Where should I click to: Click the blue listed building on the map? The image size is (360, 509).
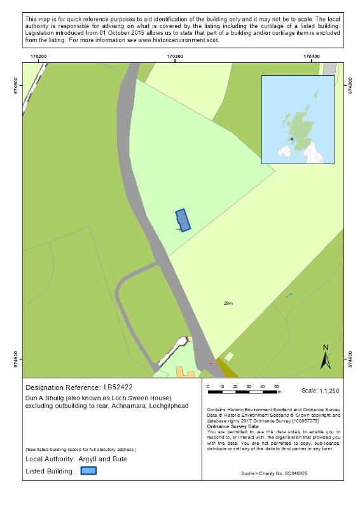pos(183,220)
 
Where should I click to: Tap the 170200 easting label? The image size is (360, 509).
pos(38,57)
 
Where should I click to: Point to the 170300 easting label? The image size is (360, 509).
pos(175,57)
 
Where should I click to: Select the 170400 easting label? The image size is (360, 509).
pos(312,57)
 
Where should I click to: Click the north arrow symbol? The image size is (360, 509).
pos(325,358)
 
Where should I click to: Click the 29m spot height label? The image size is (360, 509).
pos(228,303)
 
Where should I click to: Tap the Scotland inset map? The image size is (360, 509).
pos(298,120)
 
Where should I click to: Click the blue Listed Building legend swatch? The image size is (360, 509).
pos(88,471)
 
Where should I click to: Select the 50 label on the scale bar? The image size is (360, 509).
pos(276,387)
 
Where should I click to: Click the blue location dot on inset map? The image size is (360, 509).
pos(292,139)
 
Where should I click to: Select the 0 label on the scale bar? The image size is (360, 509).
pos(209,387)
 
